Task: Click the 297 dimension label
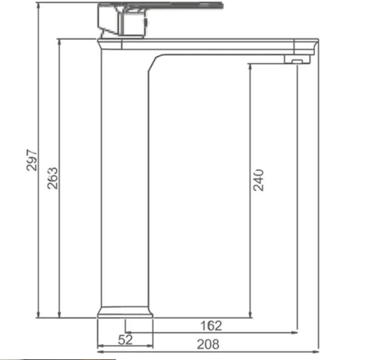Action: (x=32, y=160)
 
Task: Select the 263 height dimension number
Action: (x=53, y=177)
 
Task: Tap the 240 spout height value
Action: (x=259, y=180)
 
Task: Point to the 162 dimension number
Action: (x=211, y=326)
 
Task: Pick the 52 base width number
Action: (x=125, y=340)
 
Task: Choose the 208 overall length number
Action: (x=208, y=344)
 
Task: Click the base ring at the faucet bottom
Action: (x=125, y=312)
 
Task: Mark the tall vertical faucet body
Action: (x=124, y=182)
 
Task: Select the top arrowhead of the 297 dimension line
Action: (x=38, y=5)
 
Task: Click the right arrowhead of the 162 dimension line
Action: (x=295, y=332)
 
